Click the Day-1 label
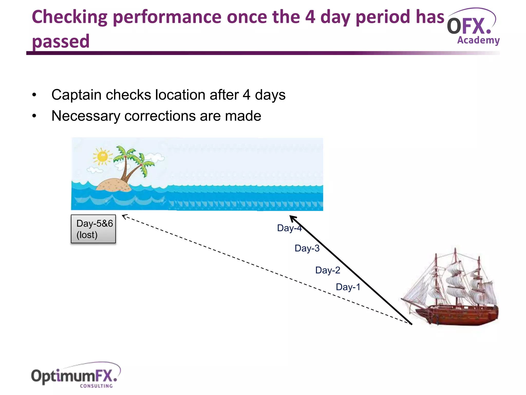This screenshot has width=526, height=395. [x=348, y=287]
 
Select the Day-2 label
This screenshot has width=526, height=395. [x=328, y=270]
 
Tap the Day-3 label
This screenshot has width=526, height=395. [x=307, y=248]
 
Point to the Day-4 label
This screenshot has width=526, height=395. [x=289, y=228]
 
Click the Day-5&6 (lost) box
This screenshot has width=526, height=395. [x=93, y=229]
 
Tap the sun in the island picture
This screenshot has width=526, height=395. [x=102, y=156]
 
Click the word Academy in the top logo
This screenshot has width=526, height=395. [x=478, y=40]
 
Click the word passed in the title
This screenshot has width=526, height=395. [x=61, y=42]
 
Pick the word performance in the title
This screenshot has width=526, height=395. [x=167, y=17]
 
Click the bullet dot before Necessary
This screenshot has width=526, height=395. [x=34, y=116]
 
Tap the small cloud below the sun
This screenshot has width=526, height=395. [x=94, y=170]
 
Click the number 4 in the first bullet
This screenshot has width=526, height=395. [x=246, y=95]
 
